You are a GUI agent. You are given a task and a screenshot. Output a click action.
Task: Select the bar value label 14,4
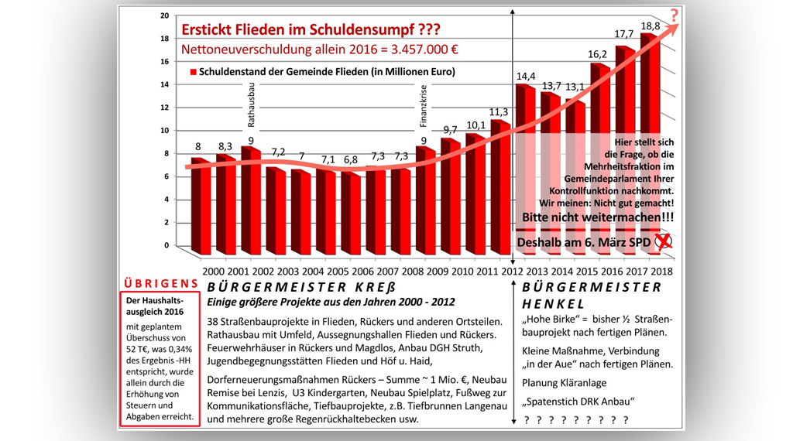[x=527, y=76]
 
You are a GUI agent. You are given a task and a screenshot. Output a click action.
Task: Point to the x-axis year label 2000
[x=215, y=272]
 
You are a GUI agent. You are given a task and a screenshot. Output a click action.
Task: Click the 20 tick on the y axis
[x=164, y=15]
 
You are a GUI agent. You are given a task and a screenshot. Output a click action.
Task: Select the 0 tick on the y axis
[x=165, y=245]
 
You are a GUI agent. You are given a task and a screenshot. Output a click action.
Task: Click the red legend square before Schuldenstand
[x=193, y=72]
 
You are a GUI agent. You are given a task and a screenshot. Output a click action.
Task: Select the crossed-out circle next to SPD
[x=663, y=241]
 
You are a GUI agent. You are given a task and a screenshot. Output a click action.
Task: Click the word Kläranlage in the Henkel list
[x=580, y=382]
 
